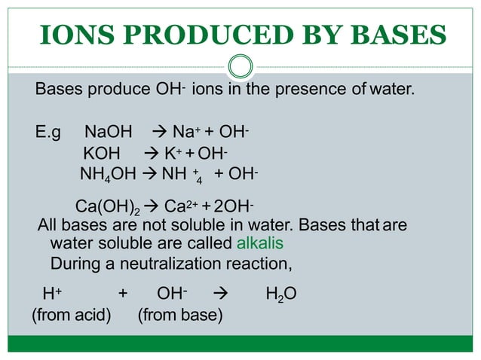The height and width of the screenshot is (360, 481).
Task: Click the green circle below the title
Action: pos(240,67)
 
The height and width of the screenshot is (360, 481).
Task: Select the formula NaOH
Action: pos(108,134)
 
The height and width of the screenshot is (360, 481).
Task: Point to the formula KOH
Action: pos(102,155)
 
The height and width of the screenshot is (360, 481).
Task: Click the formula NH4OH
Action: pos(108,176)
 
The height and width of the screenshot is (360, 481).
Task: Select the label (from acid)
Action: pos(71,315)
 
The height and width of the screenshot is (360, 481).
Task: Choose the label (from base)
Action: pos(180,315)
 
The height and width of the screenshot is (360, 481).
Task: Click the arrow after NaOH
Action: pos(160,134)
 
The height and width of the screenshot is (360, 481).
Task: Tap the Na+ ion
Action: pos(186,134)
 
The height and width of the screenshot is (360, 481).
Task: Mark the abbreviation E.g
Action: pos(48,134)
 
